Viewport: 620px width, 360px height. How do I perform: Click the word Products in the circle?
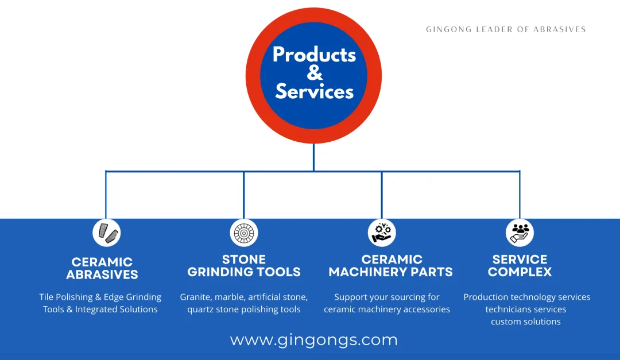[x=314, y=55]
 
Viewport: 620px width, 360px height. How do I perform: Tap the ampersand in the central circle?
[x=315, y=73]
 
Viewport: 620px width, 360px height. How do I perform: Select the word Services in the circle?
[x=314, y=91]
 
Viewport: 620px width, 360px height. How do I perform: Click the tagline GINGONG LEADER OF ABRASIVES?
[x=506, y=29]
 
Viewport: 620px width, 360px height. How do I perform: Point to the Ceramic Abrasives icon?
[x=106, y=233]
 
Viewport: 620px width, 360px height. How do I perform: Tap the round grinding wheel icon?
[x=244, y=233]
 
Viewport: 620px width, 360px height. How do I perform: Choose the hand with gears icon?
[x=382, y=233]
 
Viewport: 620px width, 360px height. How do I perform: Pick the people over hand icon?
[x=520, y=233]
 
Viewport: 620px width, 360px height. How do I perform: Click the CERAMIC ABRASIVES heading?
[x=102, y=268]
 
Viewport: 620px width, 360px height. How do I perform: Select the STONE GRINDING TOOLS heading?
[x=244, y=266]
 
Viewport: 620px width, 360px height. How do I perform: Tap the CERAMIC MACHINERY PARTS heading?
[x=391, y=266]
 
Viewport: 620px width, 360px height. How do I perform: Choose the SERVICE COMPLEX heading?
[x=520, y=266]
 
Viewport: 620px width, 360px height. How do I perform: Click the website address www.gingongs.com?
[x=314, y=340]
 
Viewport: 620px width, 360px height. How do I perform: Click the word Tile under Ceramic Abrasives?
[x=46, y=297]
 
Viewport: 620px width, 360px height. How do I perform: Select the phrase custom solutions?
[x=526, y=322]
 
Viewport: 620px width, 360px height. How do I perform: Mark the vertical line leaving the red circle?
[x=313, y=157]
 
